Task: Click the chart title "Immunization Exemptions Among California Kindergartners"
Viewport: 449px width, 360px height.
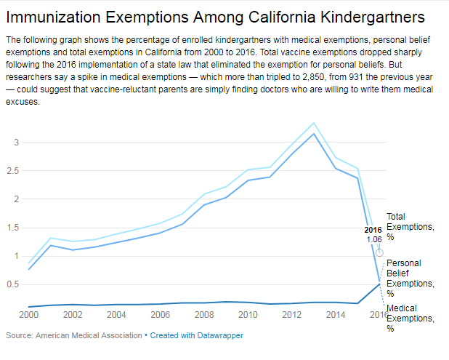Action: [x=215, y=17]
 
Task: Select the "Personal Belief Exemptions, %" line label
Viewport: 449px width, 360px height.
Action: [x=410, y=278]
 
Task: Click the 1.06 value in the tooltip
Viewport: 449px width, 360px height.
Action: [x=374, y=239]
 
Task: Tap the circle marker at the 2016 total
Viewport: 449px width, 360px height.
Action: [x=380, y=252]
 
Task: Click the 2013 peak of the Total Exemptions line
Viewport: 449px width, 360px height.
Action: [x=313, y=123]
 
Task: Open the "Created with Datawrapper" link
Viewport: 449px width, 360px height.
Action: [x=196, y=335]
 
